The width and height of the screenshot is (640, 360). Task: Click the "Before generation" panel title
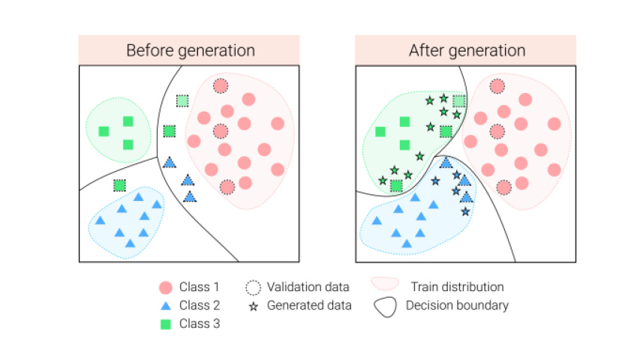coord(190,51)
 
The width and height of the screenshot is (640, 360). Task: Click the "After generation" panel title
coord(466,51)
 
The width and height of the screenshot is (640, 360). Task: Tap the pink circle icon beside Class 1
coord(166,287)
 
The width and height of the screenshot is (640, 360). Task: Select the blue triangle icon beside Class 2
coord(166,305)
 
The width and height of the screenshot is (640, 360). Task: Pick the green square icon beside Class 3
coord(166,324)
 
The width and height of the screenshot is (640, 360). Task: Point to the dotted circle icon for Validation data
coord(253,287)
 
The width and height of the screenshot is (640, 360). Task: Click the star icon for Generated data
coord(253,305)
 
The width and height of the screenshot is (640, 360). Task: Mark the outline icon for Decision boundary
coord(384,306)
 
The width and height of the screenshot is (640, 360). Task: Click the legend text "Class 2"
coord(200,305)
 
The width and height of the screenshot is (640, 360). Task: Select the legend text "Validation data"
coord(308,287)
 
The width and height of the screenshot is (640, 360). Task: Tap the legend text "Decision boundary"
coord(457,305)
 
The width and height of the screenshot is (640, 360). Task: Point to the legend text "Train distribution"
coord(457,287)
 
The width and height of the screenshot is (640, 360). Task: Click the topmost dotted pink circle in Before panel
coord(220,86)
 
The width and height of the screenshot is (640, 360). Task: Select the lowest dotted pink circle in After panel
coord(504,187)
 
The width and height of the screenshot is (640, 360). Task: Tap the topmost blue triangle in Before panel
coord(170,162)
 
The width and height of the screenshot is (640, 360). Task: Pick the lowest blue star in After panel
coord(465,212)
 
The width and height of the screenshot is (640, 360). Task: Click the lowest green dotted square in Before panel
coord(119,185)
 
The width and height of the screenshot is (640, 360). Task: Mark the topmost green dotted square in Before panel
coord(182,100)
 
